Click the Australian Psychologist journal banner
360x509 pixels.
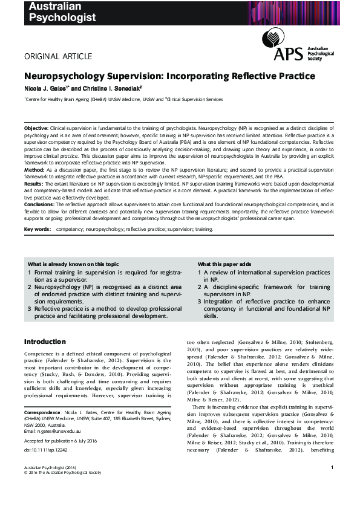[60, 11]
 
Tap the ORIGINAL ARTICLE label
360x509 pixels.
[58, 57]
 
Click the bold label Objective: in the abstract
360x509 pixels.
[36, 130]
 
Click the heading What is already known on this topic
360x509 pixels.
[74, 264]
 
